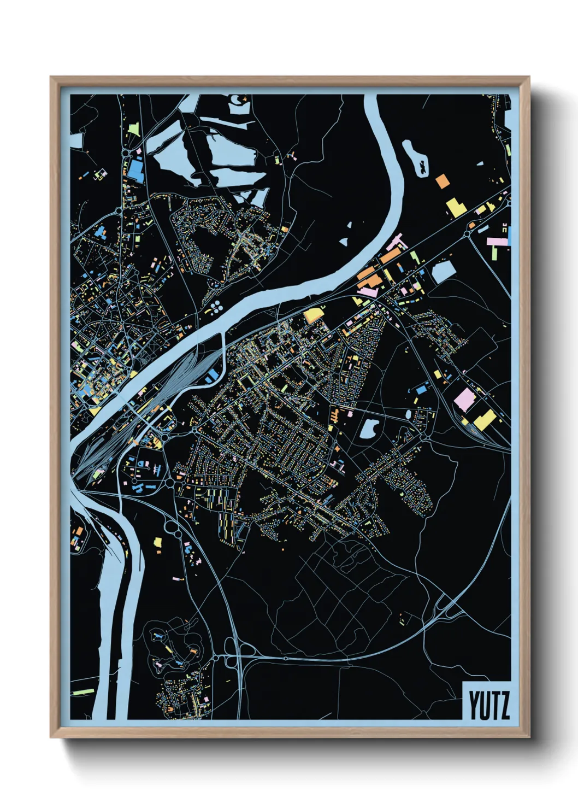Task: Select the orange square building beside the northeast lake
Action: pyautogui.click(x=441, y=181)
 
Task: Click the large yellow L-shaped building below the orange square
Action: pyautogui.click(x=455, y=207)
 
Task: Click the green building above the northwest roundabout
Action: pyautogui.click(x=134, y=130)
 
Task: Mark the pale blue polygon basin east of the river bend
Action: pyautogui.click(x=443, y=272)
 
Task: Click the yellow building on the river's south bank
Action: pyautogui.click(x=313, y=315)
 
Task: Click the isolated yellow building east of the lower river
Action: pyautogui.click(x=158, y=542)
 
